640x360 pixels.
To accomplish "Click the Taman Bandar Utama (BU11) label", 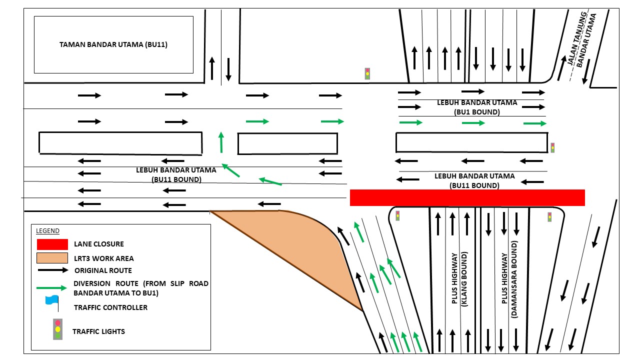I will [113, 44].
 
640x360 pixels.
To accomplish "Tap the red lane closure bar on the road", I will [467, 197].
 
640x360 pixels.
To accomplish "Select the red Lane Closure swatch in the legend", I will [52, 244].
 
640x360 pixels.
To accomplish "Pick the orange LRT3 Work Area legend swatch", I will [52, 258].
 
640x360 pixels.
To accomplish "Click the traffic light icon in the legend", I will [58, 329].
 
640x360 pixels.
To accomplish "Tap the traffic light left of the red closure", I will [397, 215].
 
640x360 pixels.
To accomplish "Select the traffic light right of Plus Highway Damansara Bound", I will [549, 217].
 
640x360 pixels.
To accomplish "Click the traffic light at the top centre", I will [367, 73].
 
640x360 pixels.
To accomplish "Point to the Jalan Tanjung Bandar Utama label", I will [582, 41].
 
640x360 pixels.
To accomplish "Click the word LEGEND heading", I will [47, 231].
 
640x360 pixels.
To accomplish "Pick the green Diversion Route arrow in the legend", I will [52, 288].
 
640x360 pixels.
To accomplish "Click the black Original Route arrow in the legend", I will [52, 270].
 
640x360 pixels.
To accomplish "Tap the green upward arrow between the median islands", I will [220, 142].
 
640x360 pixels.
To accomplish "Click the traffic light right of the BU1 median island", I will [552, 147].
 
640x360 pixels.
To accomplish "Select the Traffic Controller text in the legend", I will [110, 307].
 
